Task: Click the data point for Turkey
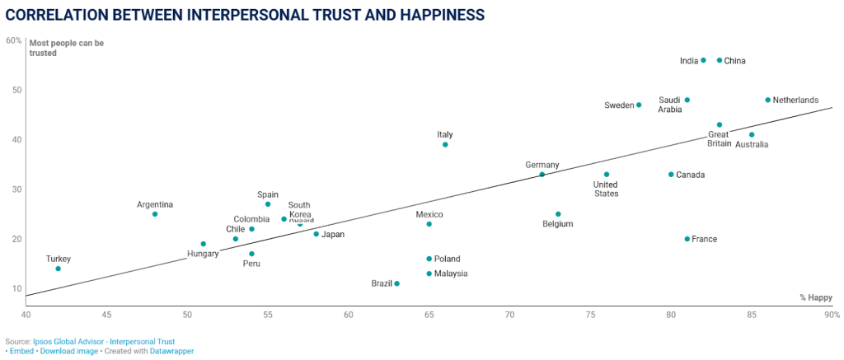pos(58,269)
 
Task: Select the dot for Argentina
pos(154,214)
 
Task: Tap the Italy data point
pos(445,144)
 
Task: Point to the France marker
pos(687,239)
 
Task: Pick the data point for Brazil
pos(396,283)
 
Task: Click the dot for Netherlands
pos(767,100)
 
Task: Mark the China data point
pos(720,60)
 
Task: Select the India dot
pos(703,60)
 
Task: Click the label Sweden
pos(618,105)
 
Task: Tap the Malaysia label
pos(451,274)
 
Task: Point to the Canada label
pos(691,175)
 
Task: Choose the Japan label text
pos(333,234)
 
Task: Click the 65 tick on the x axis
pos(429,315)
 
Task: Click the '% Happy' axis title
pos(816,297)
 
